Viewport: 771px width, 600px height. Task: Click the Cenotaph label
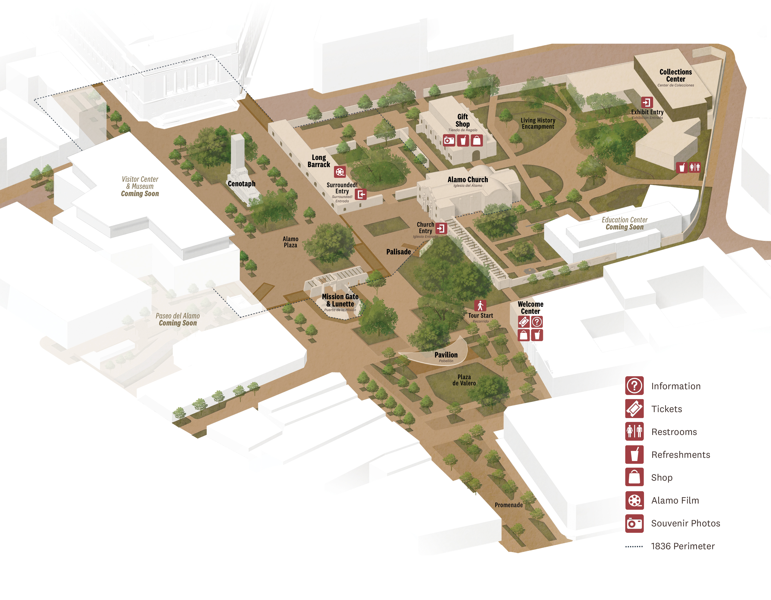point(241,184)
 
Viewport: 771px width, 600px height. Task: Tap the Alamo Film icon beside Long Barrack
point(340,172)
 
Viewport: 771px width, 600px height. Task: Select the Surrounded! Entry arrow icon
point(361,194)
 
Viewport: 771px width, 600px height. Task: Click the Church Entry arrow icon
point(441,228)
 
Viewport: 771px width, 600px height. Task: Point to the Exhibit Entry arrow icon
point(647,102)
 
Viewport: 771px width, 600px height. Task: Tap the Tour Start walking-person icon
point(480,305)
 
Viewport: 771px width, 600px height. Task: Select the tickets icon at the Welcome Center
point(524,322)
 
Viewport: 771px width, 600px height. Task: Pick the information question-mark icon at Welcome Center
point(537,322)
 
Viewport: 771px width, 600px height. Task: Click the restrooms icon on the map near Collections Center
point(695,167)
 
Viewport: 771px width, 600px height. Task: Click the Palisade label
point(399,252)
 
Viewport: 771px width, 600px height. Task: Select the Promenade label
point(508,505)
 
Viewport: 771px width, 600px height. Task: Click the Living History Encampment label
point(538,123)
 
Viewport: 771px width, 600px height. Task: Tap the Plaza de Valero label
point(464,380)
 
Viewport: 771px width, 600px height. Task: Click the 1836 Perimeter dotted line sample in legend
point(634,546)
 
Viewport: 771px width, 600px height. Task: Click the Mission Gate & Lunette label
point(340,300)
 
